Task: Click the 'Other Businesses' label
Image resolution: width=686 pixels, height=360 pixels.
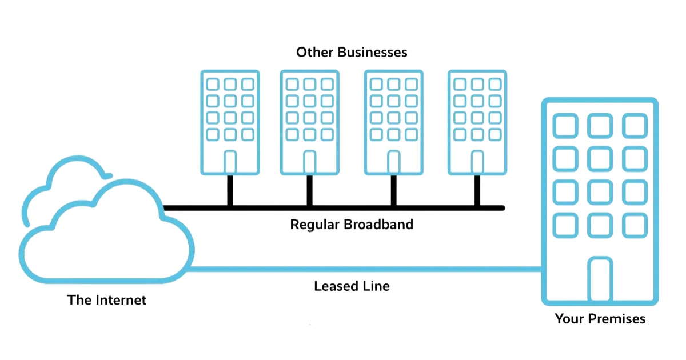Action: coord(352,52)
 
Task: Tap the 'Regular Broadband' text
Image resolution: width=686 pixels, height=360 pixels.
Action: coord(352,224)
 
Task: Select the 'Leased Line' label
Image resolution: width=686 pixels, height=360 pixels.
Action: coord(352,286)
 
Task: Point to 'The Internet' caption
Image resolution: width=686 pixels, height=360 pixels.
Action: coord(107,299)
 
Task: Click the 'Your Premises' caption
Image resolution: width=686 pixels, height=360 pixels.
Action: coord(600,318)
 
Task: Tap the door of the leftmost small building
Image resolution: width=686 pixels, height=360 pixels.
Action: coord(230,162)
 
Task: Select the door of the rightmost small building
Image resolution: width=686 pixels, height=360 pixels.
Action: coord(477,162)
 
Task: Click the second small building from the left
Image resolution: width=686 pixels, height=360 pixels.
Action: coord(309,122)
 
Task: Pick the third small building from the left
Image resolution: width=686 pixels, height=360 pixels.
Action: coord(394,122)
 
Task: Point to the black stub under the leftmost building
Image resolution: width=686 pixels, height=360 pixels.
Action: coord(230,190)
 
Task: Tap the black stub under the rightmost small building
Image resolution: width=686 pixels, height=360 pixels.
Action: coord(477,190)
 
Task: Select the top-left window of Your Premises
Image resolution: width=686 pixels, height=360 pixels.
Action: coord(566,126)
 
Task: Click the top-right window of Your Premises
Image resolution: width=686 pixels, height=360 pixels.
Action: coord(635,126)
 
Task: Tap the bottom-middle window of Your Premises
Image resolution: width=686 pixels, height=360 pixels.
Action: coord(600,226)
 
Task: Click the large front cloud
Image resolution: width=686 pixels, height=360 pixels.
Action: coord(109,240)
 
